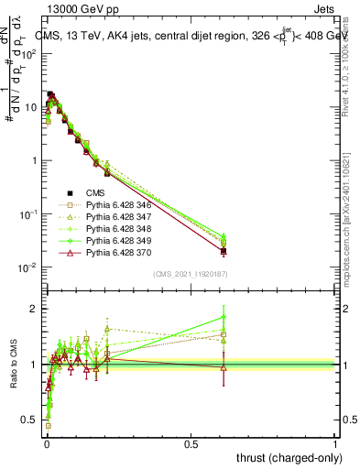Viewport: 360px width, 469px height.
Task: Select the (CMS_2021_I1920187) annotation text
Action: (x=190, y=273)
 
